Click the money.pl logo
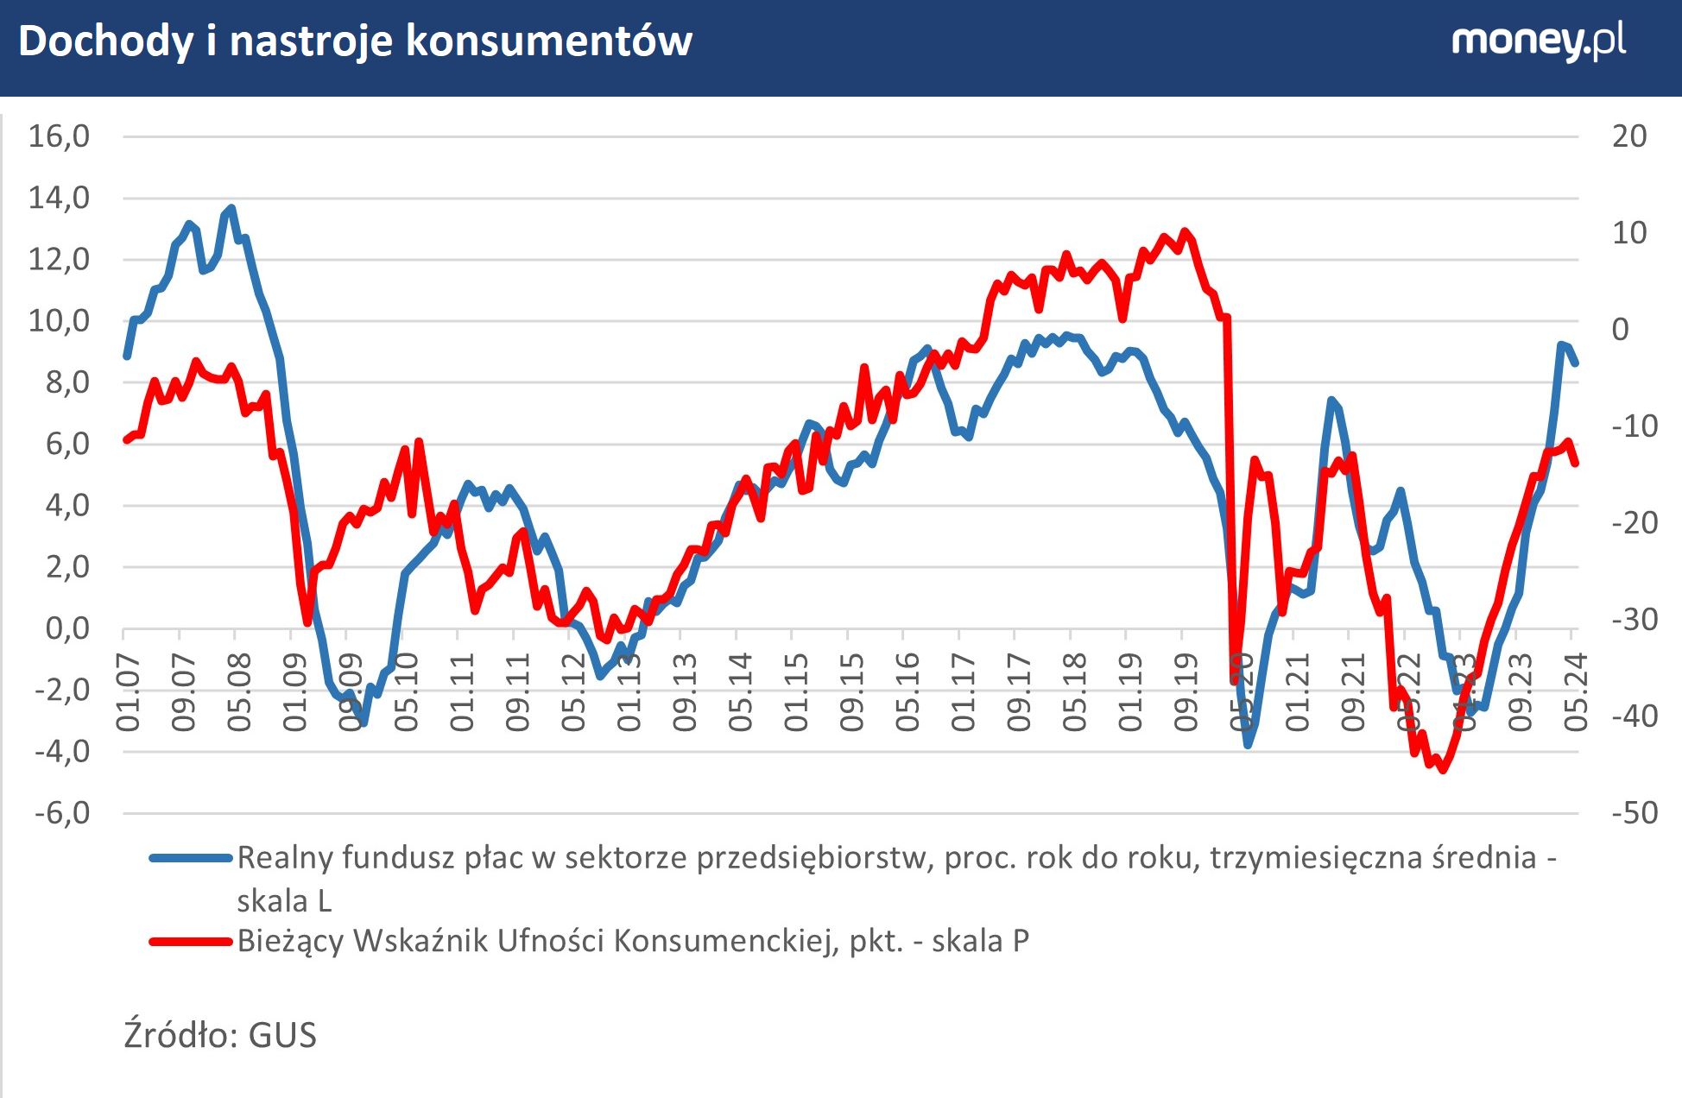click(x=1538, y=41)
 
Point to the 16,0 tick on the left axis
click(x=59, y=136)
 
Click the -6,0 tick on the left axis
click(x=61, y=813)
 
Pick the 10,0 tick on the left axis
click(x=59, y=321)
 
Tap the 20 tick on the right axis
click(x=1628, y=136)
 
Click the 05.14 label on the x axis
click(x=740, y=692)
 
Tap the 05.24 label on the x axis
click(x=1576, y=692)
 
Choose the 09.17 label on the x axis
click(x=1019, y=692)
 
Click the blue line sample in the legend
click(x=191, y=858)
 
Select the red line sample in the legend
click(x=191, y=941)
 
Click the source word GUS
click(x=282, y=1035)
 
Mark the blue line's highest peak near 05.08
click(x=231, y=208)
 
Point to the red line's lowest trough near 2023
click(x=1441, y=769)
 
